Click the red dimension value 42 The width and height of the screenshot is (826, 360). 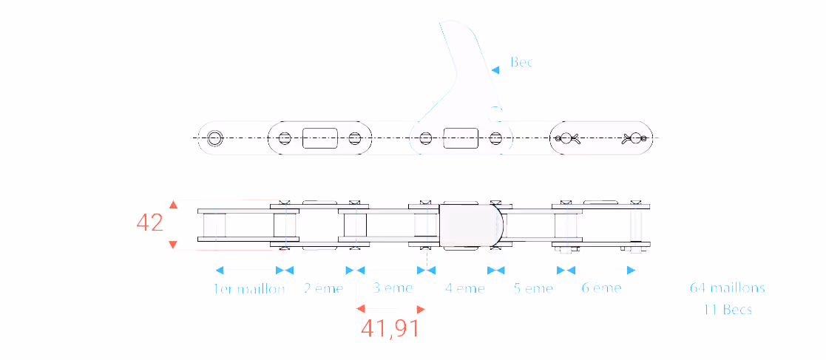[149, 223]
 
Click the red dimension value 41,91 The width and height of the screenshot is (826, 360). [390, 328]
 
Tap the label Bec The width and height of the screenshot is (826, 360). [521, 62]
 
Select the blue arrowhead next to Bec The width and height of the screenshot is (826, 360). [495, 69]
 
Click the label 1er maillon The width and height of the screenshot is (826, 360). [249, 288]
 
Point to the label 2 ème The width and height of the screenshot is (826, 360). [323, 288]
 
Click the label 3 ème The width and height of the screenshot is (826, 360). [393, 288]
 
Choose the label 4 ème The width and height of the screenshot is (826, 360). [464, 288]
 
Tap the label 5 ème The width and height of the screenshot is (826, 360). [534, 288]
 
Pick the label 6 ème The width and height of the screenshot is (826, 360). [602, 288]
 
